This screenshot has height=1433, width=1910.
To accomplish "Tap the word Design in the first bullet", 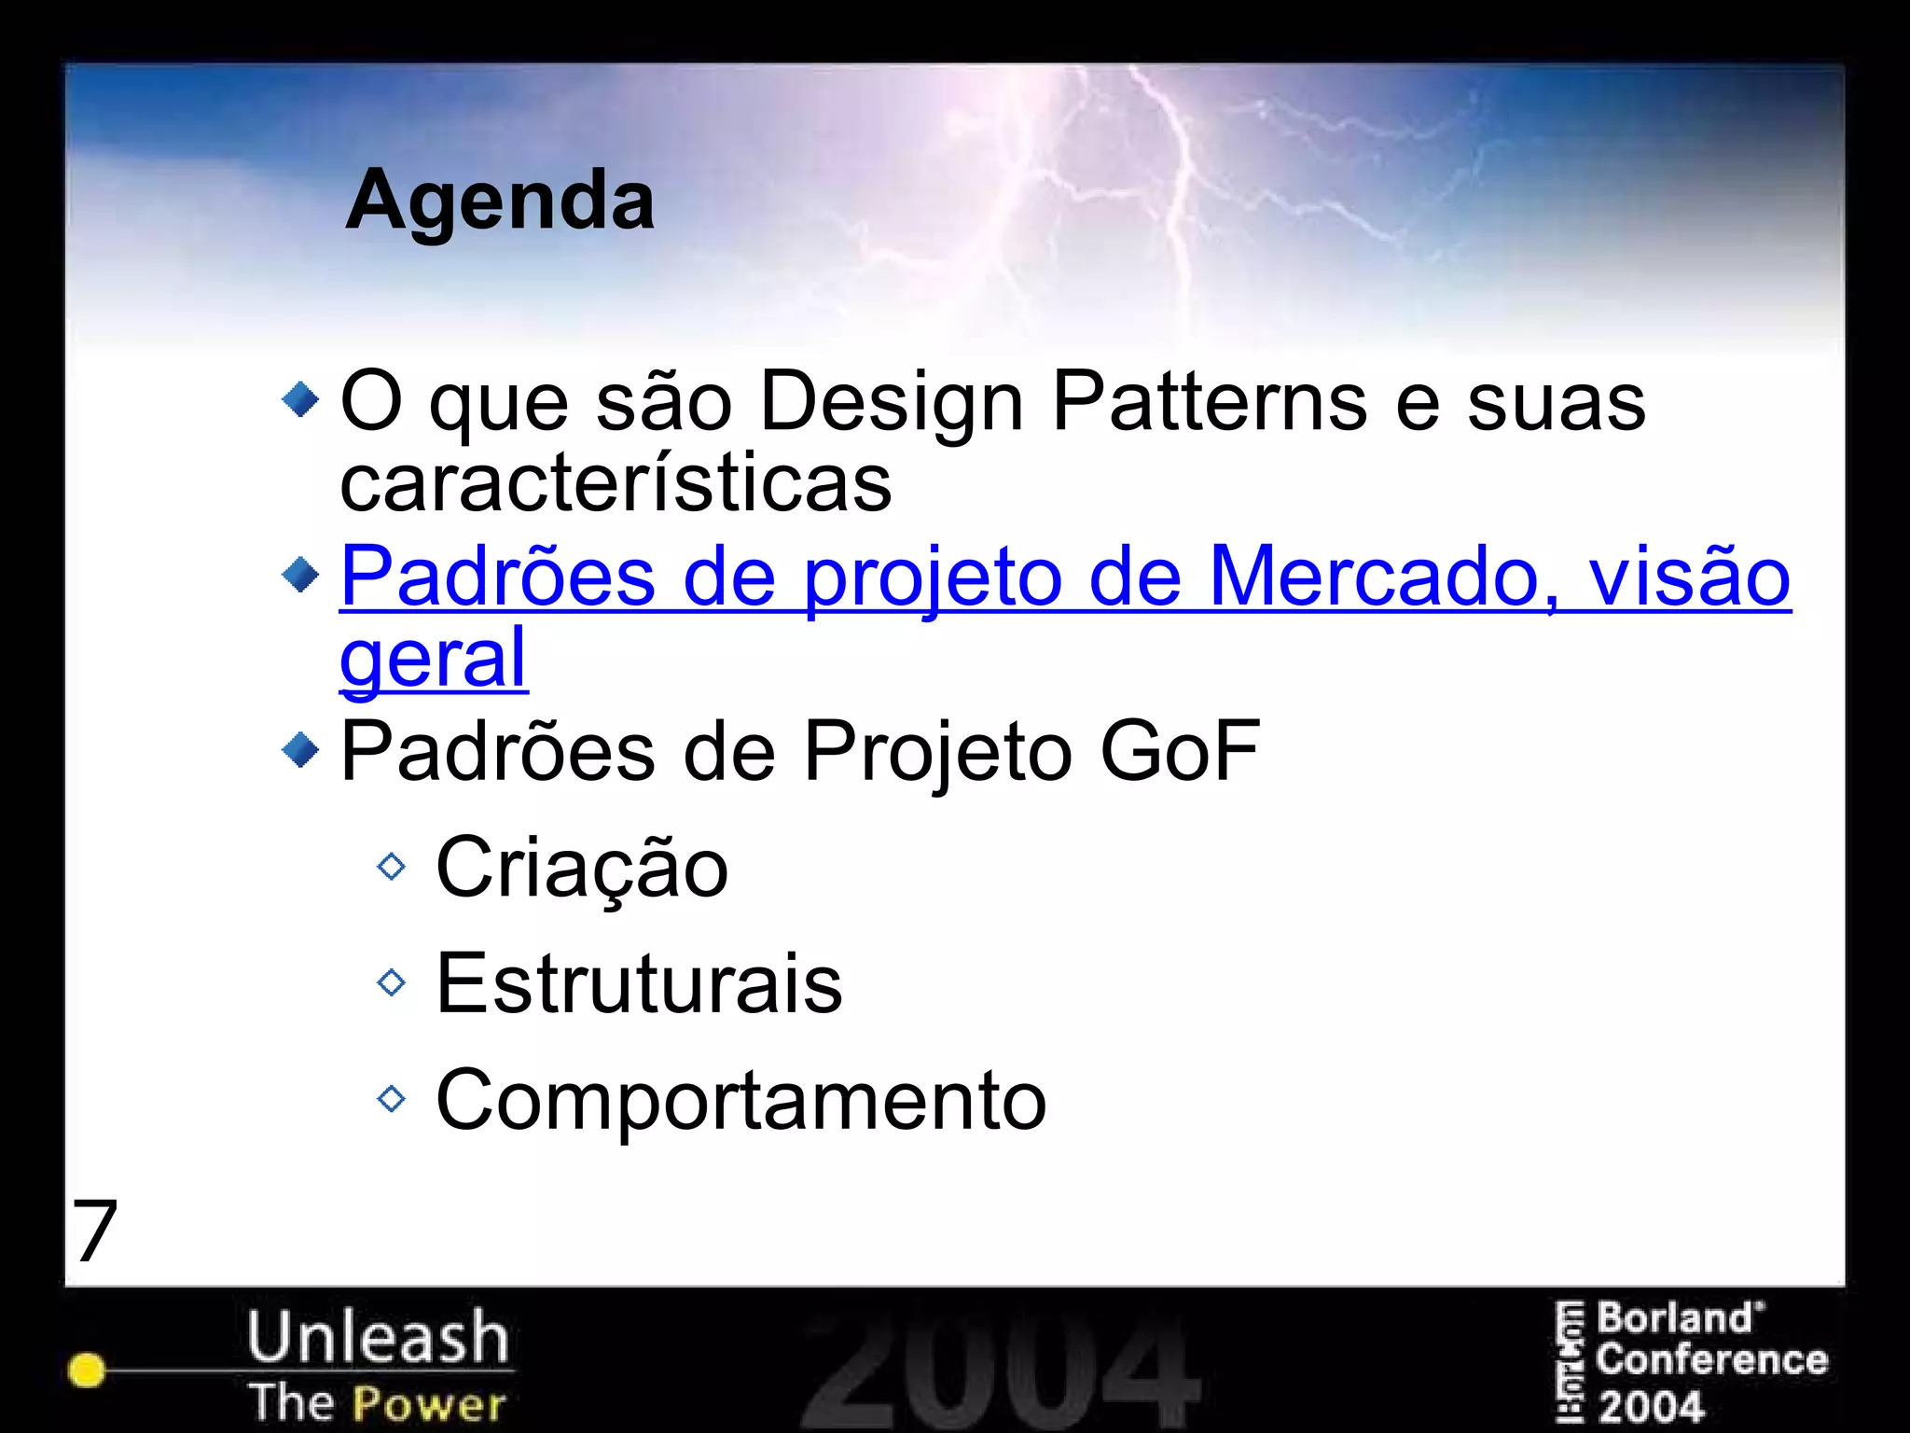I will (892, 403).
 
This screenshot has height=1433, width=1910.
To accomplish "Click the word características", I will (616, 483).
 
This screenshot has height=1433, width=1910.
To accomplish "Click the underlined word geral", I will (434, 659).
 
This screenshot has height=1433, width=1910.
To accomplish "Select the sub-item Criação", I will (582, 868).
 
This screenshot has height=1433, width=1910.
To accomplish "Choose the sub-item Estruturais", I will (639, 983).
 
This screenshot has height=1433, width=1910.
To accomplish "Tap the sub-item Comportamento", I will (741, 1100).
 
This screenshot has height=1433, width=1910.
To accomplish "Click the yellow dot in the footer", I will (87, 1370).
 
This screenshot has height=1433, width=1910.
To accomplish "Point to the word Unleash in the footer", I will (378, 1336).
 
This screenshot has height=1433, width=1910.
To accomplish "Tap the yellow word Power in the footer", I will (429, 1403).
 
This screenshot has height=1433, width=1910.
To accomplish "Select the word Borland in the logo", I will (1675, 1319).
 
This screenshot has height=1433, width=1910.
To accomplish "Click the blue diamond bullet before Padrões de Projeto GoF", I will (300, 749).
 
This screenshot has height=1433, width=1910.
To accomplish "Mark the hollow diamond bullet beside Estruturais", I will (392, 982).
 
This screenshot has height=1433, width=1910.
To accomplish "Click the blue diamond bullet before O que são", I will (300, 400).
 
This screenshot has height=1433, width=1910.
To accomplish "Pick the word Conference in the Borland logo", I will (1711, 1360).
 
